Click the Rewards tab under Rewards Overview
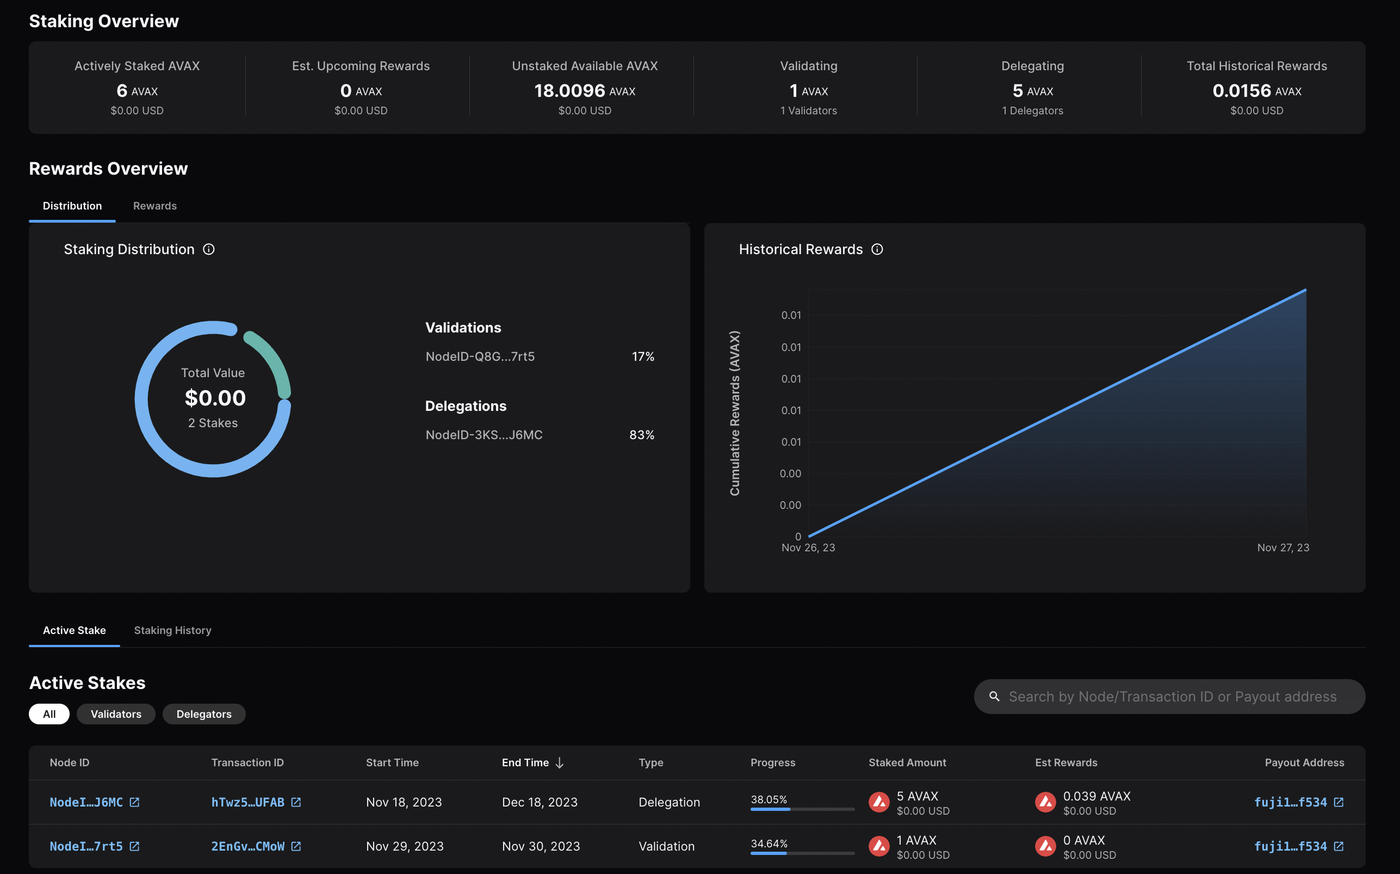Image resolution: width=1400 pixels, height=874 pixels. click(155, 206)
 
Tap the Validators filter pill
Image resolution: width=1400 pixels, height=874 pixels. click(115, 714)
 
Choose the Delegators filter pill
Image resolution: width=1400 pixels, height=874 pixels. click(204, 714)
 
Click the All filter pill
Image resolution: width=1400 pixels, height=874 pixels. click(49, 714)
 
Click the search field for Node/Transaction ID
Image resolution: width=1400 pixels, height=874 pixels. click(1172, 697)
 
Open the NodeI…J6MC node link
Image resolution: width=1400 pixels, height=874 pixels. click(86, 802)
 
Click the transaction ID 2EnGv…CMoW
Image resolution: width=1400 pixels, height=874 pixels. click(248, 846)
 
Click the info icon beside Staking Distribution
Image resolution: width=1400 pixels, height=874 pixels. click(208, 249)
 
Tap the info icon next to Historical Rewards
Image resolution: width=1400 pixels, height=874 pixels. click(877, 249)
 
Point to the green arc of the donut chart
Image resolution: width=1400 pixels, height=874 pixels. click(272, 359)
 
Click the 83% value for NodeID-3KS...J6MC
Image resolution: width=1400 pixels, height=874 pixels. click(641, 435)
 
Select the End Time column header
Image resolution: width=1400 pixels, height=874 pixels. click(525, 762)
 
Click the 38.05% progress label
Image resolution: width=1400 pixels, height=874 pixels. click(769, 799)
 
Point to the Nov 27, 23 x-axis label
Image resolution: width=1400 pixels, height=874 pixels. click(1283, 547)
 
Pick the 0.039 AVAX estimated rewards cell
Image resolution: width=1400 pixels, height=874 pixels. click(1096, 797)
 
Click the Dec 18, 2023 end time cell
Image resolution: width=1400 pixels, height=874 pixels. click(540, 802)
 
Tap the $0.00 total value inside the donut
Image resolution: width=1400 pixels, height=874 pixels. click(215, 398)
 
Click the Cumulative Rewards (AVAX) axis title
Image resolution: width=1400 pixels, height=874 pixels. click(734, 413)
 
